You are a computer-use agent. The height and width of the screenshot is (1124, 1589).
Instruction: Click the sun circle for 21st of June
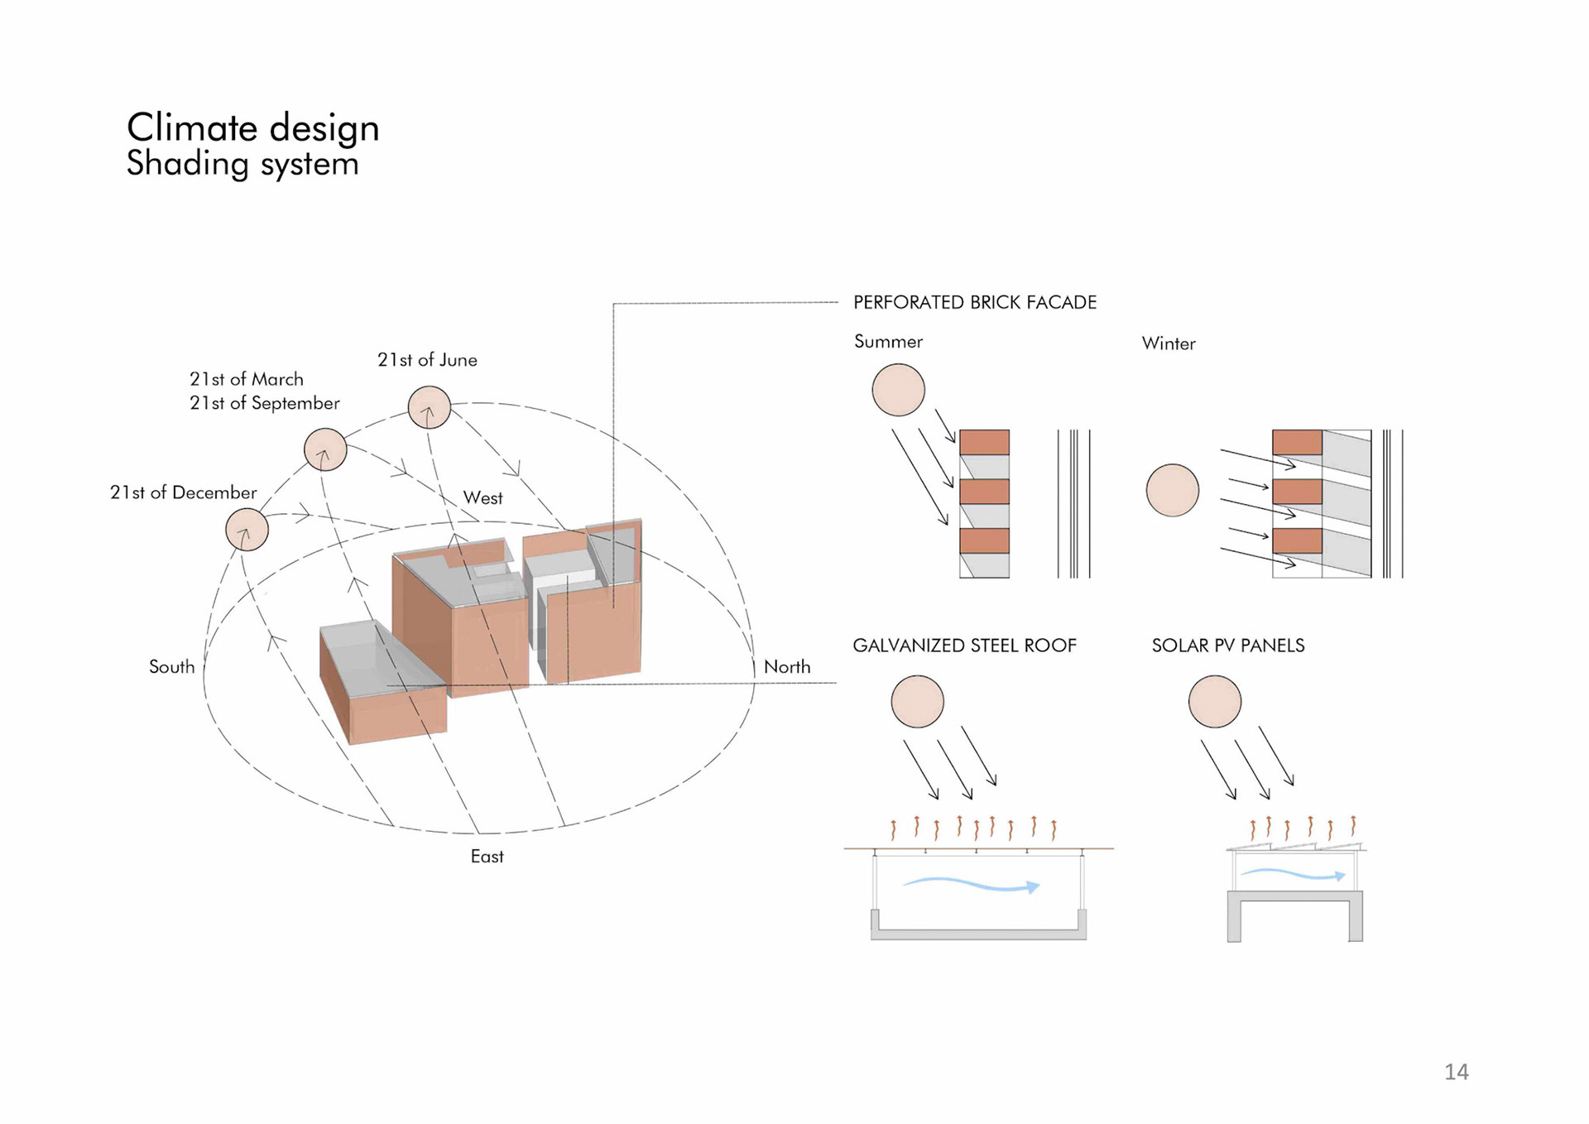[429, 407]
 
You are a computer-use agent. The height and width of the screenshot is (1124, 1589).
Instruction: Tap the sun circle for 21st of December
[247, 530]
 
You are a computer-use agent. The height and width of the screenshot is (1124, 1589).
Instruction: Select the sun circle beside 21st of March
[325, 449]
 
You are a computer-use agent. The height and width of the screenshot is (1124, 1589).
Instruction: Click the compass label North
[786, 667]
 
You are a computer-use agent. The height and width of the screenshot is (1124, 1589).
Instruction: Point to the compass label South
[171, 667]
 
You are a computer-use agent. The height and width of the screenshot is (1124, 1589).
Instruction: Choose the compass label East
[487, 857]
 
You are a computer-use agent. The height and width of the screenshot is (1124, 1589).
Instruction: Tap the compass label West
[482, 498]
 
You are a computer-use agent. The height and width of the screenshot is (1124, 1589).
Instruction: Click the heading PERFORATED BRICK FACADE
[974, 303]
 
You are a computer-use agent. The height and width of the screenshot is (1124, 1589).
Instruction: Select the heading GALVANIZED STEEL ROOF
[964, 646]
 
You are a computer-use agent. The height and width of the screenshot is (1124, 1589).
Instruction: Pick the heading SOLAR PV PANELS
[1227, 646]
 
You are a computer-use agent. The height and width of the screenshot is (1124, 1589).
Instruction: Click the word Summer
[888, 342]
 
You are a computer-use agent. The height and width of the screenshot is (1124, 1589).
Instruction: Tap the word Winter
[1168, 343]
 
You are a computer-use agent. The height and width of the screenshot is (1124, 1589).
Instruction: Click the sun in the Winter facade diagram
[1172, 490]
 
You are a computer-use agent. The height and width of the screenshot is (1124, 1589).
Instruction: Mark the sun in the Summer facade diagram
[898, 390]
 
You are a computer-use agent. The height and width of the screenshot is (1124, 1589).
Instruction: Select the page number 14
[1456, 1072]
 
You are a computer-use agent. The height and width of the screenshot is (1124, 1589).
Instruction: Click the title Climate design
[252, 128]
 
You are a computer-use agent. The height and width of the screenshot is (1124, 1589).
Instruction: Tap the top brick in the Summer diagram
[984, 442]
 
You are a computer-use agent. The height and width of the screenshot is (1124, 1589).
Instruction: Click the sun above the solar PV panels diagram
[1214, 702]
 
